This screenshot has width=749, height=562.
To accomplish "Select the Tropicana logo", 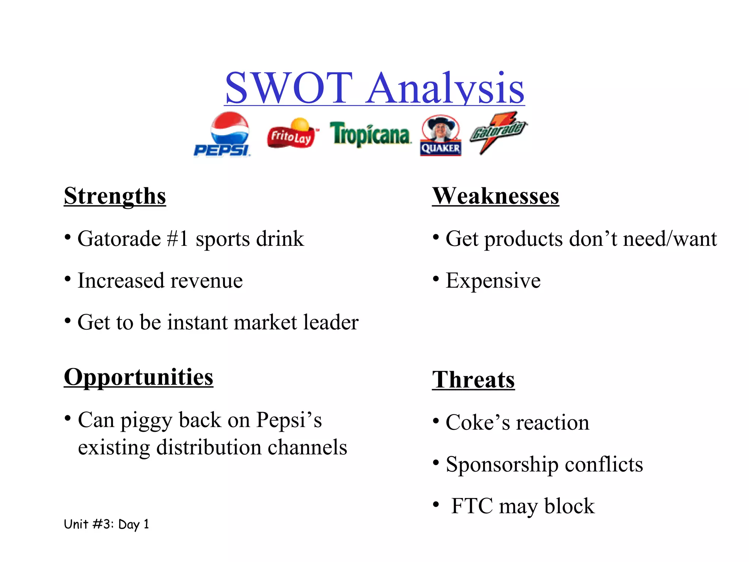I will (x=370, y=134).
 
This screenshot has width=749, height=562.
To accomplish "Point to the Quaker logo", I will (x=440, y=136).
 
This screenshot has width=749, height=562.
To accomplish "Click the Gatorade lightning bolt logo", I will (x=498, y=132).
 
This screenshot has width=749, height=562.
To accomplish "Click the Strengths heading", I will (x=115, y=196).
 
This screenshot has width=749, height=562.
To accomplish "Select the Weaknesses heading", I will (x=495, y=196).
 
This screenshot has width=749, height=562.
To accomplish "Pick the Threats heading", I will (x=473, y=379).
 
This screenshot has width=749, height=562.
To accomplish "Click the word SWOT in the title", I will (x=289, y=88).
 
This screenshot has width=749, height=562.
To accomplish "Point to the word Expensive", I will (x=493, y=281).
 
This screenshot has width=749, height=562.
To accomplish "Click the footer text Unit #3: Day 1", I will (x=106, y=524).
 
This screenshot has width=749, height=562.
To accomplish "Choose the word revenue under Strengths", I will (x=207, y=281).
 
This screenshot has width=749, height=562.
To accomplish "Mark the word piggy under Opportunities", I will (x=146, y=420).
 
